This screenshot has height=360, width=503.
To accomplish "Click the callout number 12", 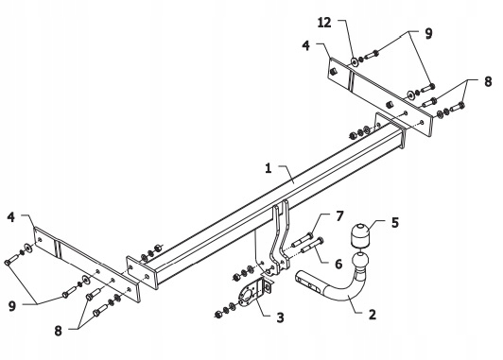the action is (324, 23).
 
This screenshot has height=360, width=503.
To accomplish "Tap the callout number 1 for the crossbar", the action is (269, 168).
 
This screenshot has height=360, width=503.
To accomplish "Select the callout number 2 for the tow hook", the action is (373, 315).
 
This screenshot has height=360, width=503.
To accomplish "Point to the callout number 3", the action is (280, 317).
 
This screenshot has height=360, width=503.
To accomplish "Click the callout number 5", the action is (395, 222).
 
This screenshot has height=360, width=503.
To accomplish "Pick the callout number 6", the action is (338, 264).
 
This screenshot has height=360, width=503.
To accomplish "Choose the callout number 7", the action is (339, 216).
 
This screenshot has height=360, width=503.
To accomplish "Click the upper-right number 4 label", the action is (306, 45).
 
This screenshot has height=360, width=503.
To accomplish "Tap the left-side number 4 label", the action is (11, 217).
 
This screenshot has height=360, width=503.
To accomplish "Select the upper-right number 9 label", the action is (428, 33).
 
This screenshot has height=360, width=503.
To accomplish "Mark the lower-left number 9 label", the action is (12, 306).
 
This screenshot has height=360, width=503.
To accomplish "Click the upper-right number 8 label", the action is (488, 82).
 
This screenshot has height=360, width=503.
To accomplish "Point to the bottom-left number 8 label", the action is (58, 331).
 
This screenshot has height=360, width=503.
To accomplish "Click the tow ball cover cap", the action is (360, 235).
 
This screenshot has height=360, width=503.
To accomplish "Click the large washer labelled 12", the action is (355, 61).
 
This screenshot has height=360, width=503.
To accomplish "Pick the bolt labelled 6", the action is (312, 245).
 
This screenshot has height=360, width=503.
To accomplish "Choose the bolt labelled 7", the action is (302, 240).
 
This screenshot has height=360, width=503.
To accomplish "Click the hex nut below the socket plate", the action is (218, 315).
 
